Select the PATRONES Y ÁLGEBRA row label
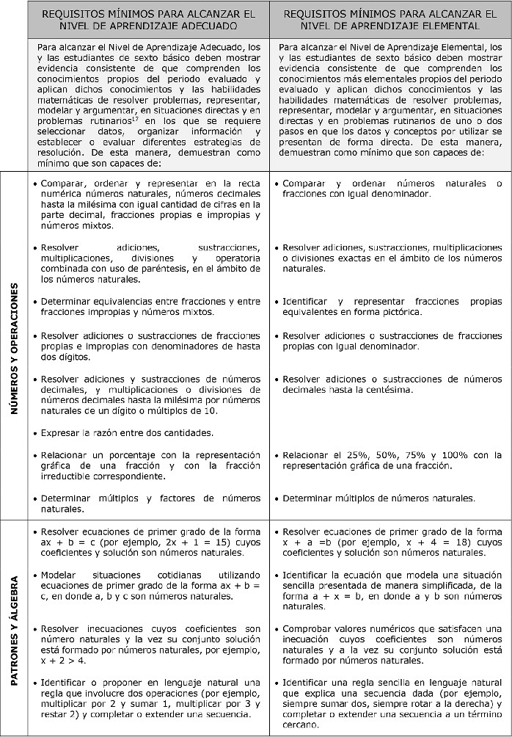click(15, 628)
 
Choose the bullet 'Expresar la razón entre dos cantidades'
click(127, 432)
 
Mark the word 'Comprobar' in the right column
click(307, 628)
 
